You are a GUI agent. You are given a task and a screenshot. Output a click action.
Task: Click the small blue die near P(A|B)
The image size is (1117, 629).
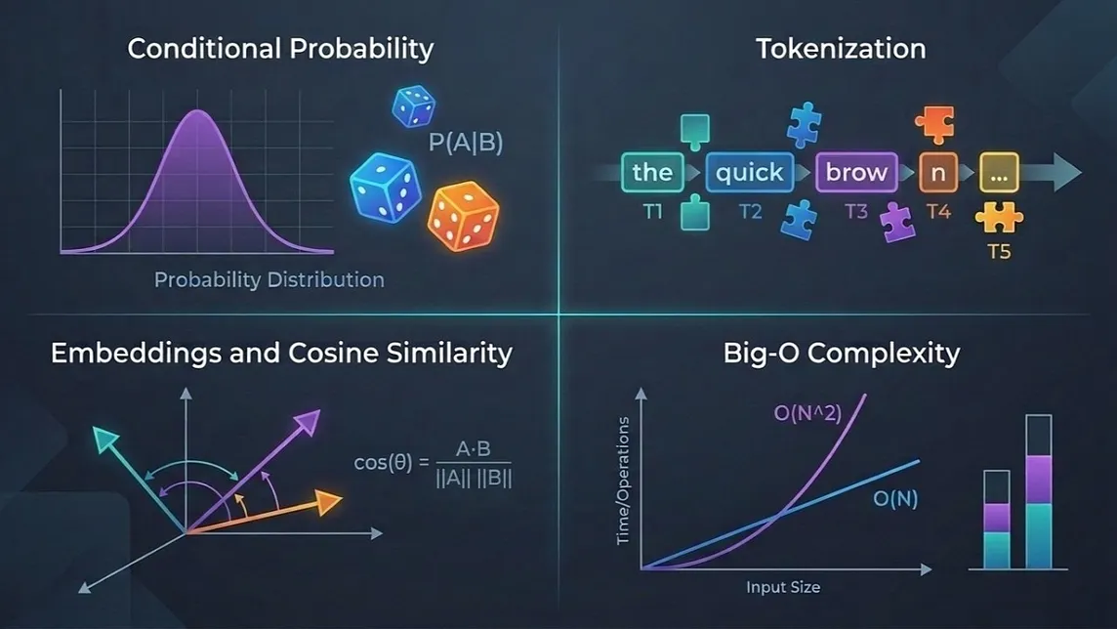tap(414, 106)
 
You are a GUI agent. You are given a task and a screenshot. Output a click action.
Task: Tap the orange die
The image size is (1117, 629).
tap(463, 216)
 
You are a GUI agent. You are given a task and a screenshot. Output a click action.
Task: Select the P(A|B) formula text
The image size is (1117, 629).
tap(466, 143)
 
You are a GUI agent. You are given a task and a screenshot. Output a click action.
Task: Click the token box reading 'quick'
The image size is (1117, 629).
tap(750, 172)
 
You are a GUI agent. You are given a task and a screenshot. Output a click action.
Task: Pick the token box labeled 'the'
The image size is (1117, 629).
tap(652, 172)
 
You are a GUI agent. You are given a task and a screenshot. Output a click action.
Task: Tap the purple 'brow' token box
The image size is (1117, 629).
tap(856, 172)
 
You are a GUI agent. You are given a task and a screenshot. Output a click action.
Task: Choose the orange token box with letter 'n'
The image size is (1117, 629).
tap(938, 172)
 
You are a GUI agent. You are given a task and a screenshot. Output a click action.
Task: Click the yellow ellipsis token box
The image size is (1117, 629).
tap(999, 172)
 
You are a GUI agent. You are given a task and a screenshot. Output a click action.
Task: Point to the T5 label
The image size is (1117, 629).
tap(1000, 251)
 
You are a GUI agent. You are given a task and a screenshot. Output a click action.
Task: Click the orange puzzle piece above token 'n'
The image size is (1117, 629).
tap(934, 124)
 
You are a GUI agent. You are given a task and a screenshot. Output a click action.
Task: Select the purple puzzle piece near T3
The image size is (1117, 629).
tap(897, 222)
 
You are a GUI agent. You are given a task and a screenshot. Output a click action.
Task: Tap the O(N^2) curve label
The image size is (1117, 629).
tap(807, 412)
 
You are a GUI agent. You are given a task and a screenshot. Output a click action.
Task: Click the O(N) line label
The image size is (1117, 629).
tap(895, 499)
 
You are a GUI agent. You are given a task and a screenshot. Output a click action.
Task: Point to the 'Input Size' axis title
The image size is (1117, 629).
tap(783, 587)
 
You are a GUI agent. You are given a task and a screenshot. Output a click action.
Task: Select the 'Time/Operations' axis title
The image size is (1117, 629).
tap(623, 481)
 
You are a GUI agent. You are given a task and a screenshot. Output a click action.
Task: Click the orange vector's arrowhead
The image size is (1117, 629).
tap(329, 502)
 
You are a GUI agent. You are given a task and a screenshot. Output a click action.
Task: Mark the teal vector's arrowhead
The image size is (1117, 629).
tap(105, 439)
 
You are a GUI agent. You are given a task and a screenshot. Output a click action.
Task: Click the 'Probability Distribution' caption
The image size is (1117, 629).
tap(269, 280)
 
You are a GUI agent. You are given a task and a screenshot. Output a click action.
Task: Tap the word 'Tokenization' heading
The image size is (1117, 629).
tap(841, 49)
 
